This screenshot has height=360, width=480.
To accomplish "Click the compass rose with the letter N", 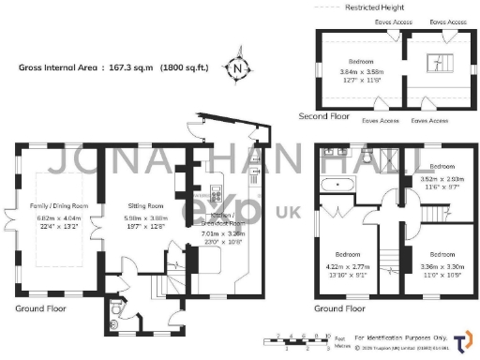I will coord(238,68).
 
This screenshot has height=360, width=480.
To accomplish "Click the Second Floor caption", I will coord(324,117).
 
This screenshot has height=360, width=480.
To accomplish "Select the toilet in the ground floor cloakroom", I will coord(113,309).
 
